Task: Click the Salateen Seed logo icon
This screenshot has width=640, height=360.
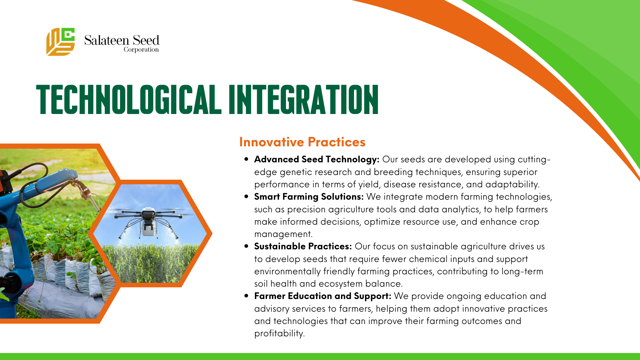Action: [60, 42]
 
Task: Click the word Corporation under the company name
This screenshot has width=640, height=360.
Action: [141, 50]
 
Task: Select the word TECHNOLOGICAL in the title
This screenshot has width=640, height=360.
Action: [129, 99]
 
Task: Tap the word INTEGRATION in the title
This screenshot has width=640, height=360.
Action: [303, 99]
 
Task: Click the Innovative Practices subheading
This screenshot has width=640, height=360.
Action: [302, 142]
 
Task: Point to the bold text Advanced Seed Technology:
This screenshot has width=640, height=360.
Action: [317, 159]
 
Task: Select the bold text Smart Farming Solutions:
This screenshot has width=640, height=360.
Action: [309, 197]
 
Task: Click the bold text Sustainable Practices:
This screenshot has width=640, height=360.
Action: [303, 246]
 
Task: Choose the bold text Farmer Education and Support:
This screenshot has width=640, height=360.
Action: [323, 296]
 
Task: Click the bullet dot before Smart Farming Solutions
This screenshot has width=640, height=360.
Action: [246, 197]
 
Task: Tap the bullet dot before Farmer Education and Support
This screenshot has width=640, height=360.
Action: [246, 296]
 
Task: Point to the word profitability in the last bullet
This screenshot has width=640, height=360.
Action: [279, 333]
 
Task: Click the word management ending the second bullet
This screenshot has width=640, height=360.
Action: [283, 234]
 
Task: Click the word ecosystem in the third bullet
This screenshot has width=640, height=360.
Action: [341, 284]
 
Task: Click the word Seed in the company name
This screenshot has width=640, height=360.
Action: [146, 40]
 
